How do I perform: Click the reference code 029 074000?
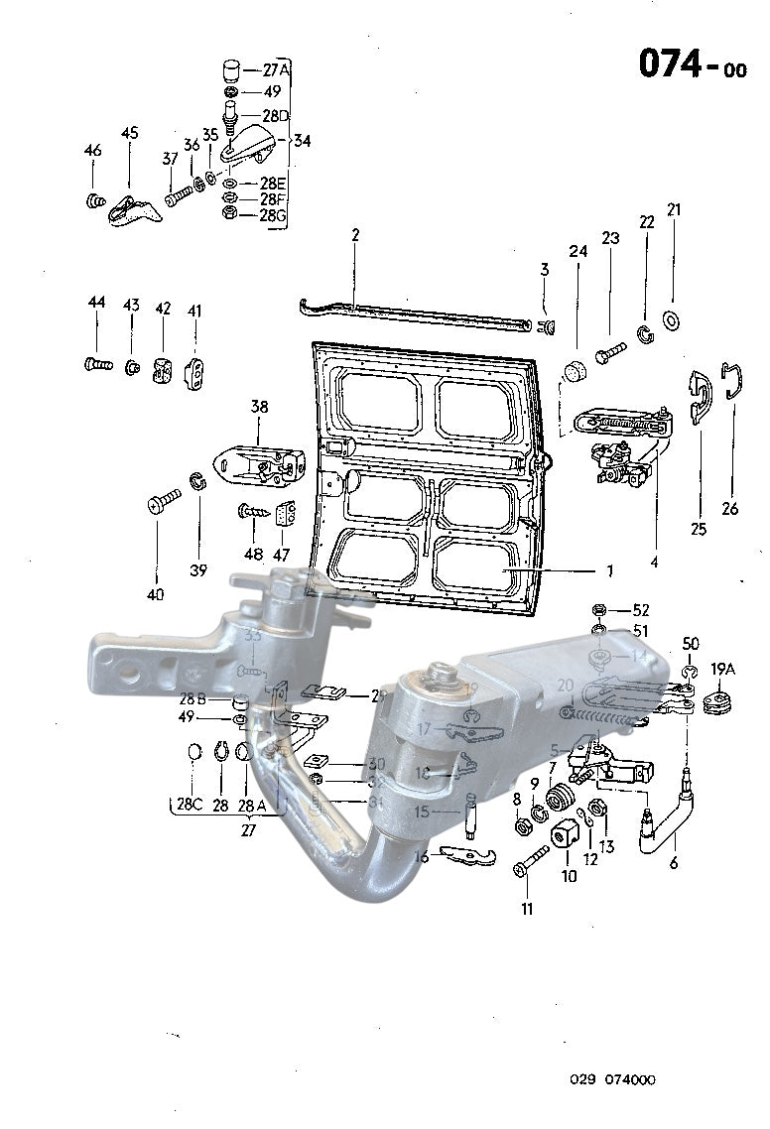pyautogui.click(x=612, y=1080)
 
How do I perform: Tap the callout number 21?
pyautogui.click(x=674, y=210)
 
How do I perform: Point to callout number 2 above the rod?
pyautogui.click(x=354, y=235)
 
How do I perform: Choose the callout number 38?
pyautogui.click(x=259, y=407)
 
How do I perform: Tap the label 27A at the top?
pyautogui.click(x=275, y=70)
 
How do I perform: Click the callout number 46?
pyautogui.click(x=92, y=151)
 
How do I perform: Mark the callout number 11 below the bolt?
pyautogui.click(x=527, y=909)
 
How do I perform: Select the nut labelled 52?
pyautogui.click(x=598, y=609)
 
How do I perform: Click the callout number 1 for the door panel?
pyautogui.click(x=609, y=570)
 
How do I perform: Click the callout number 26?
pyautogui.click(x=730, y=510)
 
